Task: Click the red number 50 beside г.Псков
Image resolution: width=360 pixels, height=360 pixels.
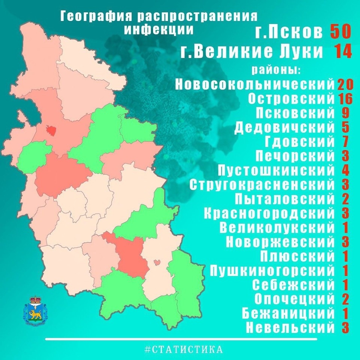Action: (x=340, y=32)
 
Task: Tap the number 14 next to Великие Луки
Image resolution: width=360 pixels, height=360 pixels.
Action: (x=343, y=52)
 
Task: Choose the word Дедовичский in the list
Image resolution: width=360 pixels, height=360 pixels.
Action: (x=284, y=127)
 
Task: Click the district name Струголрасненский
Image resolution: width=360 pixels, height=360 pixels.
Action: (x=262, y=184)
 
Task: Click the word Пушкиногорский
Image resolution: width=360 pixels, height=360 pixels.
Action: (x=271, y=270)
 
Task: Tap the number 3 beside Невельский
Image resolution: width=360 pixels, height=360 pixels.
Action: (x=345, y=328)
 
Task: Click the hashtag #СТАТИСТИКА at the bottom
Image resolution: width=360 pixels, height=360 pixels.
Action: (x=184, y=349)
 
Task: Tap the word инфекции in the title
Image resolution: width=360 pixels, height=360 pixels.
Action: (x=159, y=30)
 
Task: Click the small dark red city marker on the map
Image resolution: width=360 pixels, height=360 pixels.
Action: (x=51, y=130)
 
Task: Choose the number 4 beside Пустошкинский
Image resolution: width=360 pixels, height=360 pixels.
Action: (x=345, y=170)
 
